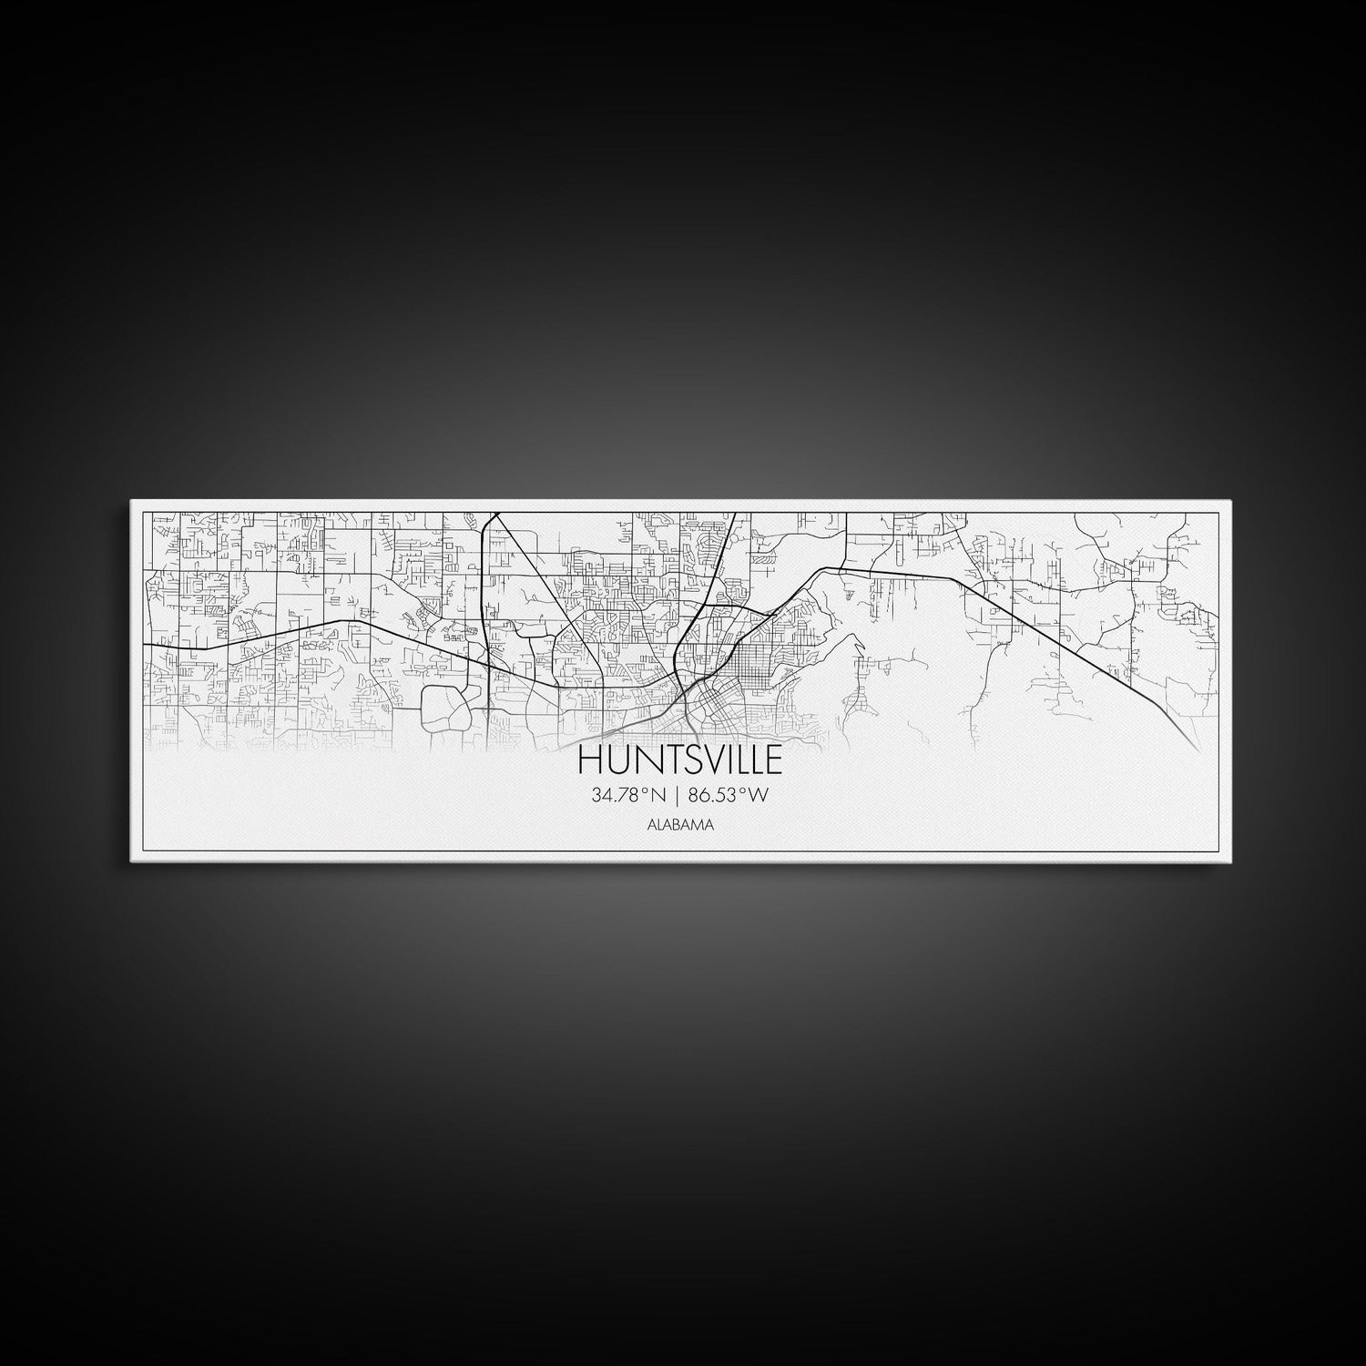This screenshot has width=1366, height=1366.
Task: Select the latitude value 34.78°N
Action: click(x=628, y=795)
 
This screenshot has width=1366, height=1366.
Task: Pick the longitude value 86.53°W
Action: click(x=729, y=795)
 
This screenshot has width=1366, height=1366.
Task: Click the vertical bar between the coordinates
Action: click(x=677, y=795)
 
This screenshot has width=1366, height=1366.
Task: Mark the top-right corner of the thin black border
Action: click(x=1218, y=512)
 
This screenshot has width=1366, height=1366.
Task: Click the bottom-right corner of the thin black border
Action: click(x=1218, y=851)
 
